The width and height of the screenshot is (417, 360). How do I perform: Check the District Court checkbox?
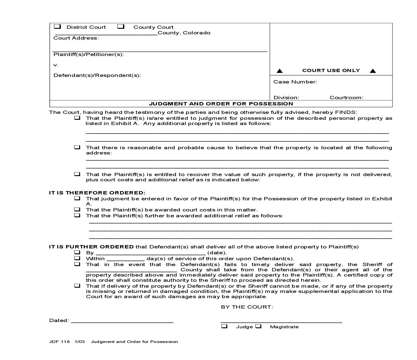click(57, 27)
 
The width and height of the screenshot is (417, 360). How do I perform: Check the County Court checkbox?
click(121, 27)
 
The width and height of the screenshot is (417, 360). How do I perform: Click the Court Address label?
click(76, 38)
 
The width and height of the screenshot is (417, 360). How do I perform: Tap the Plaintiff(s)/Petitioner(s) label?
click(89, 54)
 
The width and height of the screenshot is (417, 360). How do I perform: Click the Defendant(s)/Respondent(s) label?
click(97, 75)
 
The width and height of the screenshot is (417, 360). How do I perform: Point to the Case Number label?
click(295, 82)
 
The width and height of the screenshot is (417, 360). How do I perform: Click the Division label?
click(286, 98)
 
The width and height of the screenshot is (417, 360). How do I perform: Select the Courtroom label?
click(346, 98)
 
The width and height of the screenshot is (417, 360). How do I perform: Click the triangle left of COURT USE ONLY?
click(280, 71)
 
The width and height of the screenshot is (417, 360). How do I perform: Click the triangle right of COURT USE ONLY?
click(373, 71)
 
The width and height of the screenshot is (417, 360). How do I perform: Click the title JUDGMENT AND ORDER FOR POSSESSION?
click(221, 104)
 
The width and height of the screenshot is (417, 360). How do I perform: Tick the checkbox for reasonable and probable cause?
click(77, 147)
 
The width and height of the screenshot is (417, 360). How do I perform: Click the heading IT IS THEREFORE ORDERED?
click(97, 193)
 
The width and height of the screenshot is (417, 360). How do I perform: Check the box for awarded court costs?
click(77, 209)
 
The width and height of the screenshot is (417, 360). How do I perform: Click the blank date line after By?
click(150, 253)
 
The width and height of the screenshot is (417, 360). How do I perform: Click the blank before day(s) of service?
click(125, 259)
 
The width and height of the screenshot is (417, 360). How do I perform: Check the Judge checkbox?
click(224, 326)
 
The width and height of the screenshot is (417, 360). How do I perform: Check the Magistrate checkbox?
click(258, 326)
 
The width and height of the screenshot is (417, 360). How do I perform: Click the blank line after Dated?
click(122, 321)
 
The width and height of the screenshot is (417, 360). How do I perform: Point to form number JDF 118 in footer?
click(59, 342)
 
